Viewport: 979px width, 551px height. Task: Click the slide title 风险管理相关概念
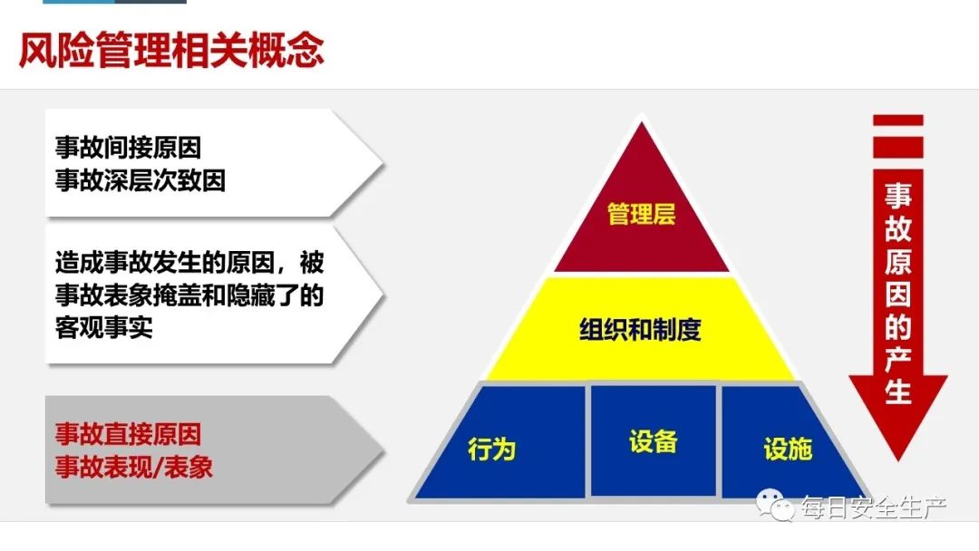coord(171,50)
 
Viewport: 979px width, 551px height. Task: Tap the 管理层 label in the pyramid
coord(641,214)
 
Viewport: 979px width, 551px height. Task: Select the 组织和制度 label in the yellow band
coord(641,330)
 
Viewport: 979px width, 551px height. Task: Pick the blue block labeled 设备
coord(653,440)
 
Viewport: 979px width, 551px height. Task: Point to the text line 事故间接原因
coord(128,148)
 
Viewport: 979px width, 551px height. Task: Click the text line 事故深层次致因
coord(140,181)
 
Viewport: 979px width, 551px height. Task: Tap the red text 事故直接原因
coord(128,434)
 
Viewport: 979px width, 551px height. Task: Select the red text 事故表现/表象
coord(133,467)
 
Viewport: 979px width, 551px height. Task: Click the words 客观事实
coord(103,327)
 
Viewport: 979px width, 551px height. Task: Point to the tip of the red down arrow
coord(897,460)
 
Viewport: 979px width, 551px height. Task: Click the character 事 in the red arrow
coord(897,196)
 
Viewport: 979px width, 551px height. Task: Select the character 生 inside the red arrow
coord(897,391)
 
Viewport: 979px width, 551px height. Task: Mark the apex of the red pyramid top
coord(641,121)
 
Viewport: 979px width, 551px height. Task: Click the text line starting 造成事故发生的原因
coord(189,263)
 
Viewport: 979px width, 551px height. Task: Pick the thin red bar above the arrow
coord(897,121)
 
